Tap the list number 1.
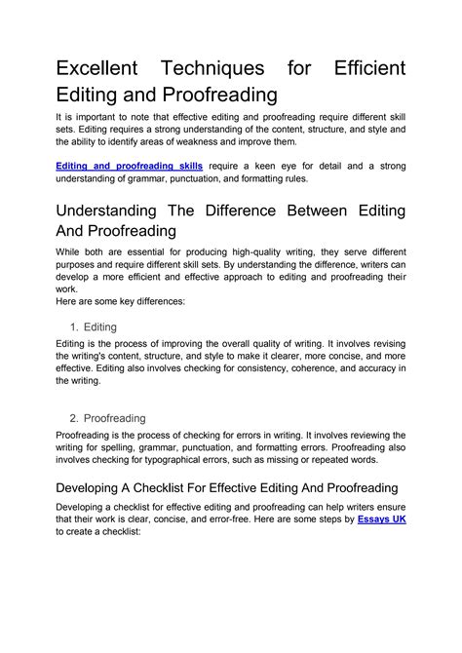coord(75,326)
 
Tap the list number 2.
coord(75,416)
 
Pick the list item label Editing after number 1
coord(101,326)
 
